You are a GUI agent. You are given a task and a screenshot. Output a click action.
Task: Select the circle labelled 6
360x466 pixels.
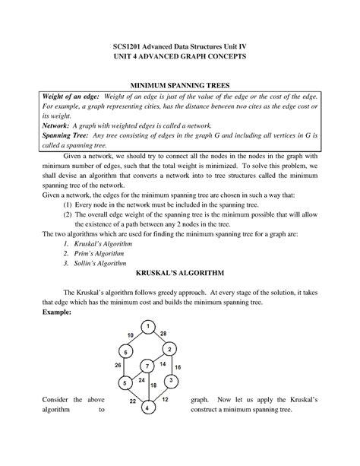click(x=125, y=352)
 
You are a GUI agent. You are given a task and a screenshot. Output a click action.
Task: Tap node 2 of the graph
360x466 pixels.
click(x=171, y=349)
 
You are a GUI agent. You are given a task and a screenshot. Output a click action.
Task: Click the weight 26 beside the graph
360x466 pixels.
click(x=118, y=366)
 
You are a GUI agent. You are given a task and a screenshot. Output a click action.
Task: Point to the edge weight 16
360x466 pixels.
click(x=178, y=366)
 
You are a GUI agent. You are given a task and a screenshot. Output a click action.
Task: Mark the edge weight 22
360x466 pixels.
click(x=132, y=401)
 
